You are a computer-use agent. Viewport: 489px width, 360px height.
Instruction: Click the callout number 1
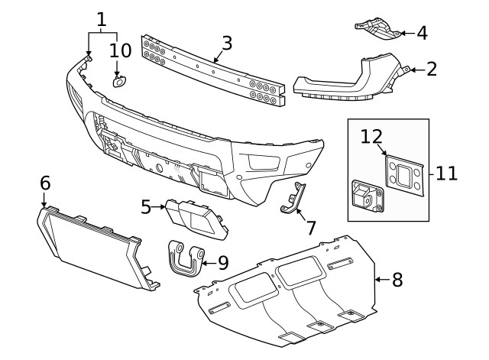102,18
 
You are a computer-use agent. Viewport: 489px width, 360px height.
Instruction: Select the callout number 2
432,70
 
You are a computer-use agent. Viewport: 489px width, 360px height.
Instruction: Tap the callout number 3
227,43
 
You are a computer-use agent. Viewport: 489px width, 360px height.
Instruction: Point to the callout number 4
423,33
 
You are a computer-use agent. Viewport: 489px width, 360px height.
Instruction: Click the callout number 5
146,206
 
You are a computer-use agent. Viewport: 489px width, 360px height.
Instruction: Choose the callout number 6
45,183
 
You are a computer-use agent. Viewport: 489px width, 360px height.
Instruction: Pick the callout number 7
311,227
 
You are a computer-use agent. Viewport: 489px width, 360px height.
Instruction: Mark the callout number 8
397,280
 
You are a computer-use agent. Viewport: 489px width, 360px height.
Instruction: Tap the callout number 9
222,262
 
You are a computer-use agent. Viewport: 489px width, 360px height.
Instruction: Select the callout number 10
120,50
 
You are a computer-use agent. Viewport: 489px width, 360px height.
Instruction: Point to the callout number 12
371,136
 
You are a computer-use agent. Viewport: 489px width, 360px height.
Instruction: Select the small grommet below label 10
120,83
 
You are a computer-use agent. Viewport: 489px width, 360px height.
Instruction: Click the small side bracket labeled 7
294,199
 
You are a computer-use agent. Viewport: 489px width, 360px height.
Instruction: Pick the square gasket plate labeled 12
402,171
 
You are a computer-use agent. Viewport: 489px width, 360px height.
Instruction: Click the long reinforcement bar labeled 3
213,70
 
